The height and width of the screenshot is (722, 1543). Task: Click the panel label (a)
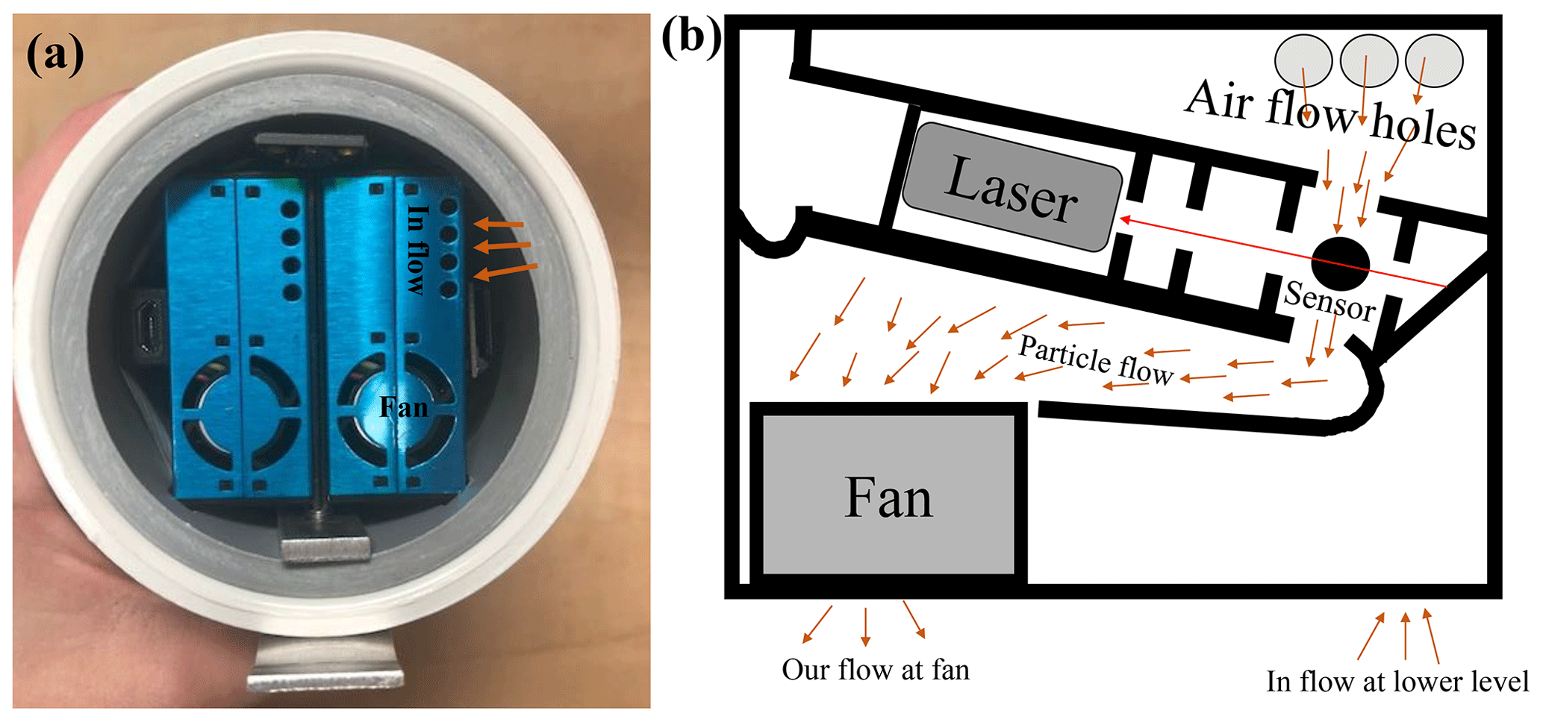[x=54, y=54]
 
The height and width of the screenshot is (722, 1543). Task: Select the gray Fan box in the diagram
[x=888, y=496]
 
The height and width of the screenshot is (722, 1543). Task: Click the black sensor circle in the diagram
[x=1341, y=264]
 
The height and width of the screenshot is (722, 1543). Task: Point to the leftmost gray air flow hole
[x=1303, y=60]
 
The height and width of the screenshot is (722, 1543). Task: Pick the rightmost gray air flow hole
[x=1434, y=60]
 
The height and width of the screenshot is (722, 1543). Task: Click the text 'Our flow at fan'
[x=876, y=670]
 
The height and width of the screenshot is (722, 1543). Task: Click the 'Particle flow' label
[x=1096, y=360]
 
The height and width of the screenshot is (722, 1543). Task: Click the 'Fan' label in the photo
[x=404, y=407]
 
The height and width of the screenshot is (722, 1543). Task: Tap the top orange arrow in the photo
[x=499, y=223]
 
